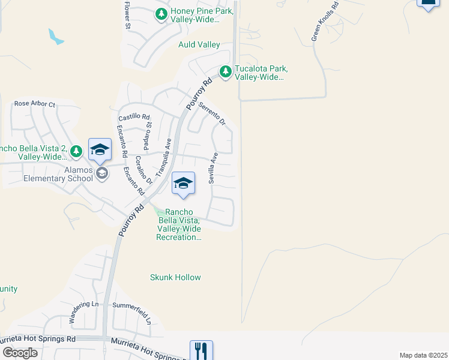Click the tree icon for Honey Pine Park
click(161, 14)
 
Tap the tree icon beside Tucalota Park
click(226, 72)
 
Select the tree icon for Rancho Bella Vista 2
click(76, 151)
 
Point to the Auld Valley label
click(199, 44)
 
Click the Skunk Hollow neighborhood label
click(175, 277)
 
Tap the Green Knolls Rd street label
click(325, 22)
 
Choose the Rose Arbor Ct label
click(34, 104)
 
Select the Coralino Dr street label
click(140, 170)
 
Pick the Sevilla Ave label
click(212, 168)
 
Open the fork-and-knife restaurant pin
click(201, 350)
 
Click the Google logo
click(19, 353)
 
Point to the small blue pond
click(56, 37)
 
